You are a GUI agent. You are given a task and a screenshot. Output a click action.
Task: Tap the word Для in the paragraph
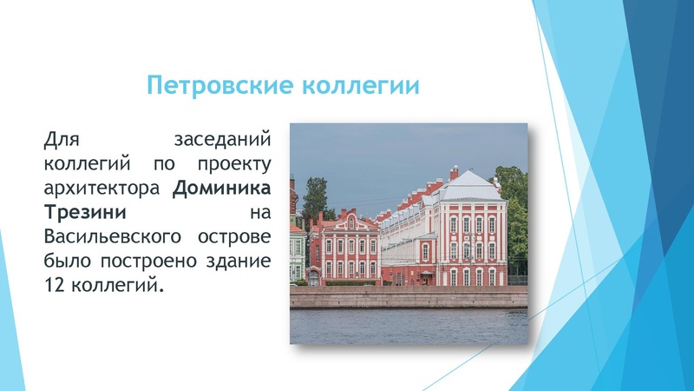tap(62, 139)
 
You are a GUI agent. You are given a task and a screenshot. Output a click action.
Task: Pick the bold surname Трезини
tap(86, 212)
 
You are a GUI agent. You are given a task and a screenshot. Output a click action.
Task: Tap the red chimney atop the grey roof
tap(454, 172)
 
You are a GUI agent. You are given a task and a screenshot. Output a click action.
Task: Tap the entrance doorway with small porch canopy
tap(426, 276)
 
